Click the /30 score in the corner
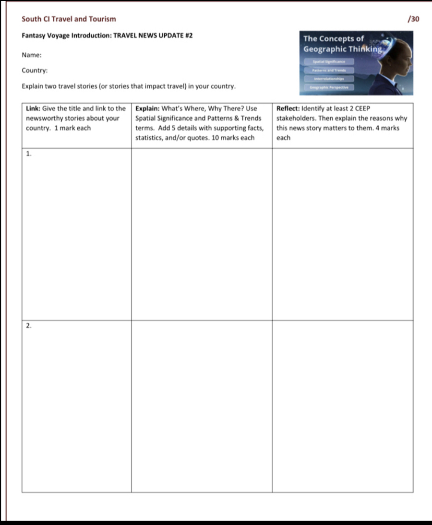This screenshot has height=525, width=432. [413, 19]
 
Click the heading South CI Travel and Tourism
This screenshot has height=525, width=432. [69, 19]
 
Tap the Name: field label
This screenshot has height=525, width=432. [31, 55]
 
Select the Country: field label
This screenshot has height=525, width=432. [35, 71]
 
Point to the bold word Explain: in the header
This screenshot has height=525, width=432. [147, 108]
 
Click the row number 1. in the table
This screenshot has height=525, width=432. [29, 154]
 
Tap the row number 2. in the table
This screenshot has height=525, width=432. [29, 325]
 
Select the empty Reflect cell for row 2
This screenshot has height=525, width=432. [342, 406]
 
